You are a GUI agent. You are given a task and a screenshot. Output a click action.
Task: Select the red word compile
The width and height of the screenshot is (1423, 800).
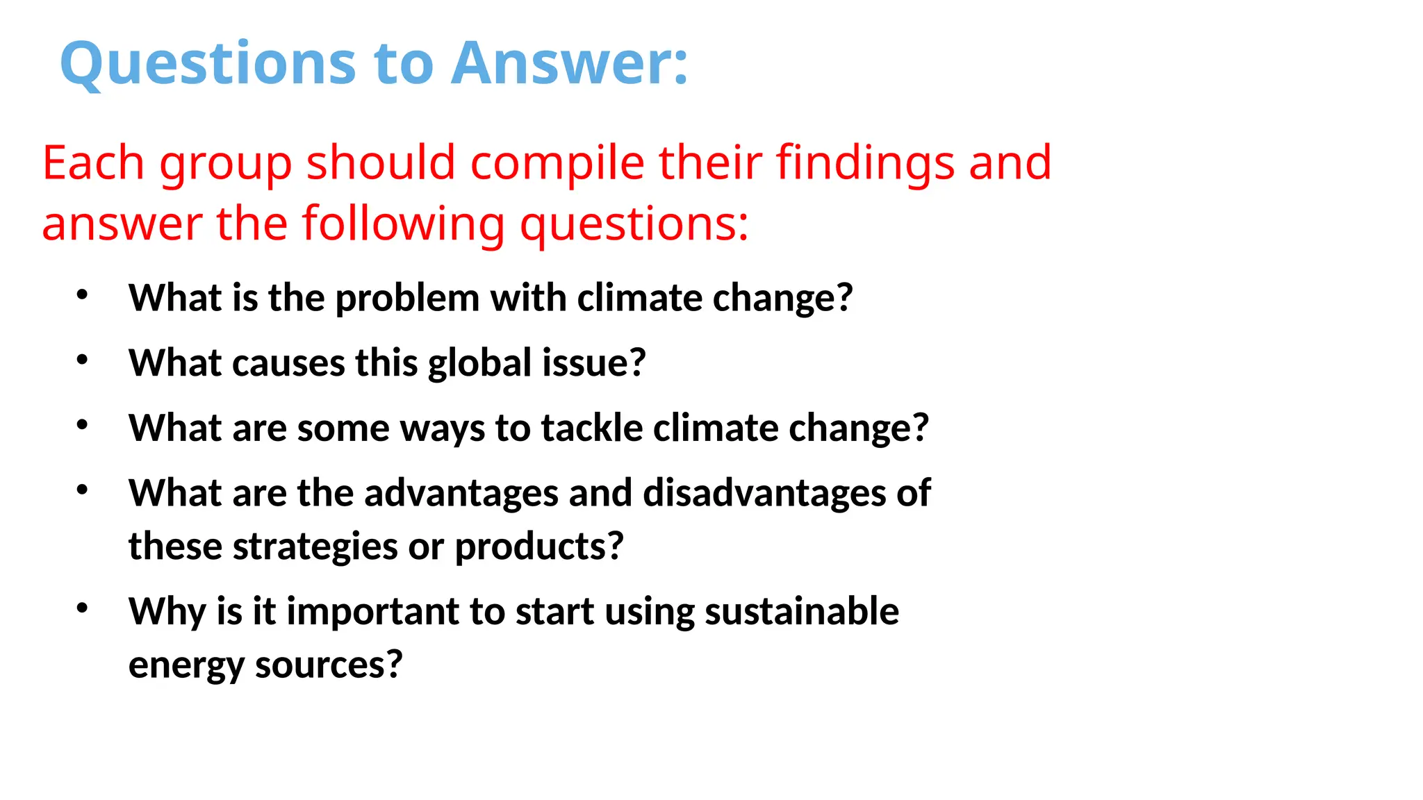click(x=557, y=163)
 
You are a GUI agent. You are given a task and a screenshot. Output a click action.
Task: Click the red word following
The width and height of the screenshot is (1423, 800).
click(x=403, y=224)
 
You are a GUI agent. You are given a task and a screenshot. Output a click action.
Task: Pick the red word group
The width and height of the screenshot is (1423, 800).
click(x=225, y=165)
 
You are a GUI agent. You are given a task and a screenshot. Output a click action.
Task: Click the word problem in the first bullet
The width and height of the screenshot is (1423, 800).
click(x=407, y=299)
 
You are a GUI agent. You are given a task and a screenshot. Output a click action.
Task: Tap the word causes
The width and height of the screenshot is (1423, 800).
click(x=288, y=363)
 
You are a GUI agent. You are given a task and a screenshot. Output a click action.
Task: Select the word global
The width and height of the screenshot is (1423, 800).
click(x=480, y=363)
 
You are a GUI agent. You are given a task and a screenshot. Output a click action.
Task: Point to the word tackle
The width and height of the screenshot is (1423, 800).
click(x=592, y=428)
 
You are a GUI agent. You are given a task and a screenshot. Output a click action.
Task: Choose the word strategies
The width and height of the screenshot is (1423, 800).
click(x=315, y=547)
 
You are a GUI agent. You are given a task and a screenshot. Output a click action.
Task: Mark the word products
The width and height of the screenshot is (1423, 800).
click(x=539, y=547)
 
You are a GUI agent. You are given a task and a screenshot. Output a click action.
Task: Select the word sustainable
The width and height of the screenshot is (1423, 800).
click(x=802, y=612)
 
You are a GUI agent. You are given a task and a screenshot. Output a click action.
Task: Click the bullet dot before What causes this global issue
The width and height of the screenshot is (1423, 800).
click(x=82, y=360)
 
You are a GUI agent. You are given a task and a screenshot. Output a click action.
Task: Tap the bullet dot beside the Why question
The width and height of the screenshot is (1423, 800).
click(x=82, y=608)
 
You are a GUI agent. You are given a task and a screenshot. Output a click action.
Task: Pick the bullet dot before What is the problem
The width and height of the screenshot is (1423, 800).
click(x=82, y=294)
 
